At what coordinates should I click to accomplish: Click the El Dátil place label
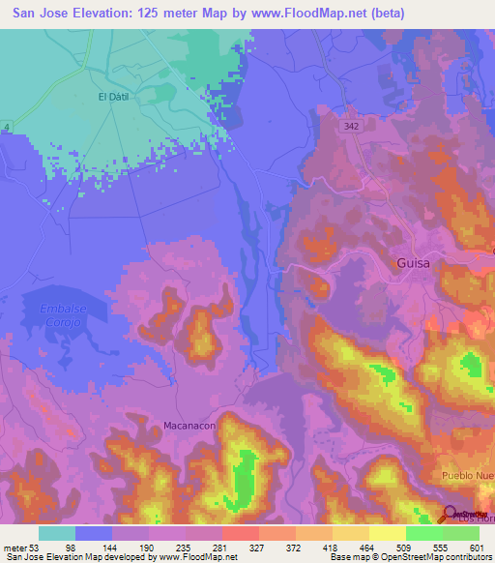pos(113,97)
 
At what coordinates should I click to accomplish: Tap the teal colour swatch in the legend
pos(56,532)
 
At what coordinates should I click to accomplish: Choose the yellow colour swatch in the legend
pos(387,532)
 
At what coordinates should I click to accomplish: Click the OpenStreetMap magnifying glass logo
pos(451,515)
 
